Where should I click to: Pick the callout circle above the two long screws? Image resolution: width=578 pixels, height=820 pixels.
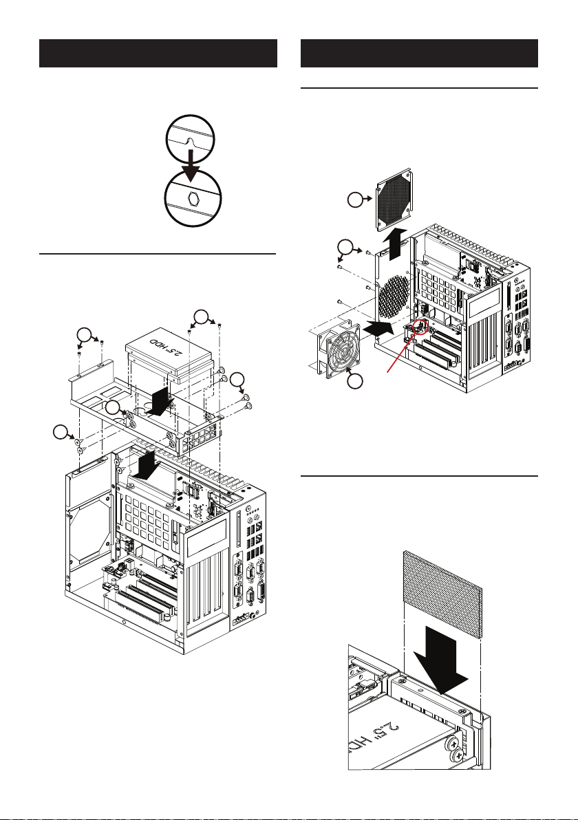click(x=202, y=319)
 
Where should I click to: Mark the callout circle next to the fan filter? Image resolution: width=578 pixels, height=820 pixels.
click(x=355, y=200)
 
